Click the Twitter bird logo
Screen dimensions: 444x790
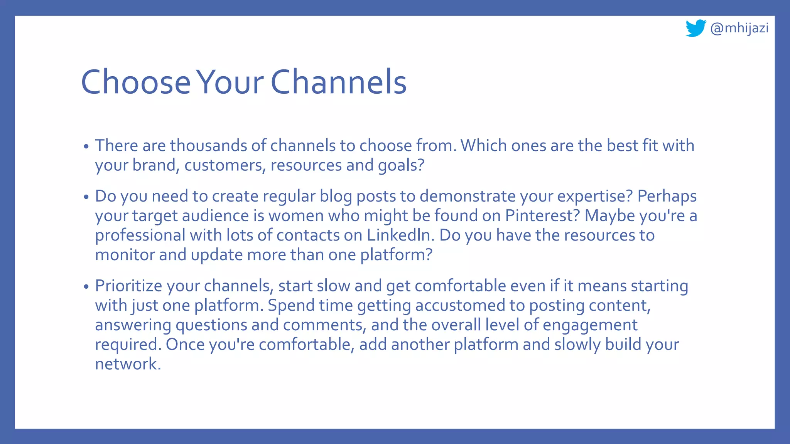pyautogui.click(x=695, y=28)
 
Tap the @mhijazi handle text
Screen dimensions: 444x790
pyautogui.click(x=739, y=28)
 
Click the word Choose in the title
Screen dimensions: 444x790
pyautogui.click(x=136, y=82)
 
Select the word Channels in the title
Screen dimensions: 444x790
pyautogui.click(x=339, y=82)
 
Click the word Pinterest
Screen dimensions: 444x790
pyautogui.click(x=542, y=216)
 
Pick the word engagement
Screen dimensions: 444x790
pyautogui.click(x=590, y=325)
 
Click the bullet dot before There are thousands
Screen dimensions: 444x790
pyautogui.click(x=86, y=146)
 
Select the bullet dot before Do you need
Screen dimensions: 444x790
pyautogui.click(x=86, y=197)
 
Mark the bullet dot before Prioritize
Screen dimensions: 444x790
pyautogui.click(x=86, y=287)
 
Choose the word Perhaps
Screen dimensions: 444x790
pyautogui.click(x=667, y=197)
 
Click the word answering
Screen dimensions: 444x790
pyautogui.click(x=133, y=325)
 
